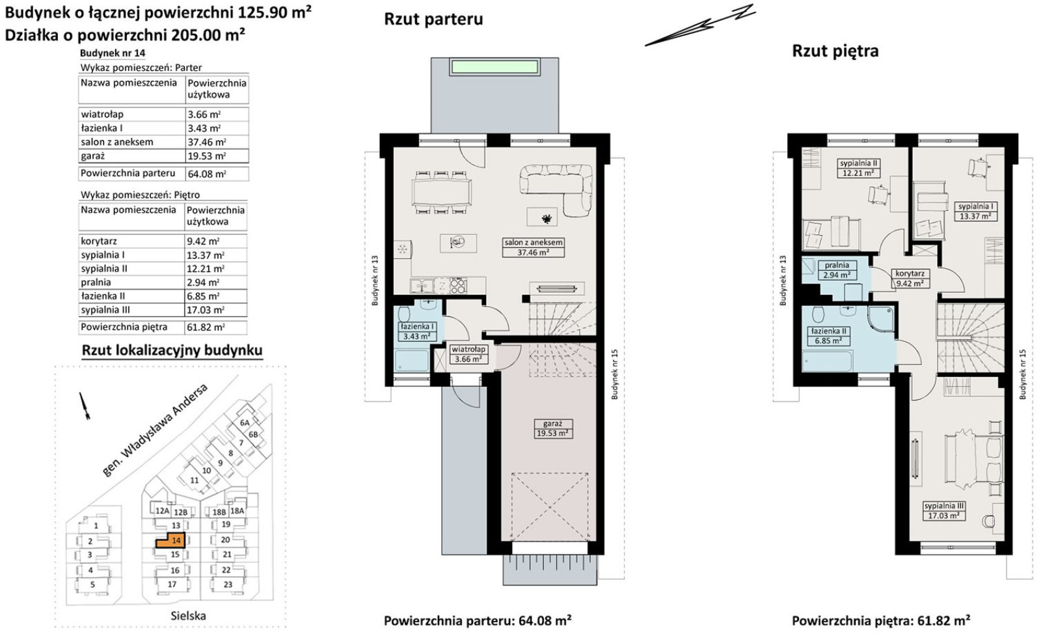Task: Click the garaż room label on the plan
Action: tap(552, 428)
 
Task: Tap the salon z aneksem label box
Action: tap(534, 247)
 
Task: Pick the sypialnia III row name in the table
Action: tap(105, 310)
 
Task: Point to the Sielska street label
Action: tap(188, 616)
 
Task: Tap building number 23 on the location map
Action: tap(228, 585)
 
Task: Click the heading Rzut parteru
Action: tap(433, 19)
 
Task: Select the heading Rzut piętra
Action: tap(835, 51)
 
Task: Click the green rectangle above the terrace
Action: tap(494, 67)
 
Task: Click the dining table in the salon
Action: tap(442, 192)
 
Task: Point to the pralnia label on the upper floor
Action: tap(837, 270)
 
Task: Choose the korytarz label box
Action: tap(910, 279)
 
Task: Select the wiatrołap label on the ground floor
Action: tap(469, 354)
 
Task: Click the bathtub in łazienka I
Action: tap(412, 361)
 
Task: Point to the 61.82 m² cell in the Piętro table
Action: tap(216, 327)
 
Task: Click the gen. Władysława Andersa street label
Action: tap(155, 430)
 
